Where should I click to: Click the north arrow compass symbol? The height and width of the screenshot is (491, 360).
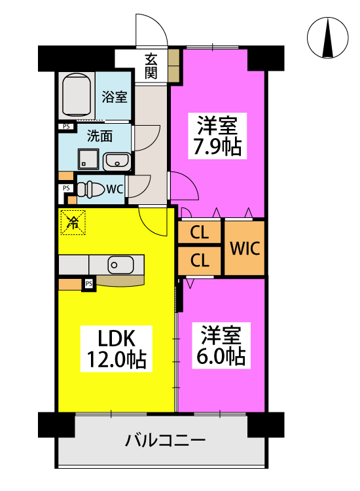(327, 37)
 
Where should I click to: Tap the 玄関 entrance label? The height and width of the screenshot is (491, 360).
(151, 66)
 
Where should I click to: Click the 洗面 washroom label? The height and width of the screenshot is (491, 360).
(99, 136)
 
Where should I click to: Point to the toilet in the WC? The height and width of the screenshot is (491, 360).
(90, 189)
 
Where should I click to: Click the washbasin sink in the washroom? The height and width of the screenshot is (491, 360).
(117, 162)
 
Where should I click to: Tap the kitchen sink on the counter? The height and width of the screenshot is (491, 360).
(121, 265)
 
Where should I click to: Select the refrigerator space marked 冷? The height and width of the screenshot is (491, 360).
(73, 223)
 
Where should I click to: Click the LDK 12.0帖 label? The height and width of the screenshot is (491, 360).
(116, 348)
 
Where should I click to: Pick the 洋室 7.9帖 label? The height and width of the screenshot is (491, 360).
(217, 136)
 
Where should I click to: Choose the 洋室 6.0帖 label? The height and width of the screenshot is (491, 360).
(221, 346)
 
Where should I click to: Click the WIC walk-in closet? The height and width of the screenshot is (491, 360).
(245, 248)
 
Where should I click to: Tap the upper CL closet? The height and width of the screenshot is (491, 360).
(200, 232)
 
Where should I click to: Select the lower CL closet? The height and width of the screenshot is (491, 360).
(200, 260)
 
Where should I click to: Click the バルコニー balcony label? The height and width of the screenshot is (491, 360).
(166, 441)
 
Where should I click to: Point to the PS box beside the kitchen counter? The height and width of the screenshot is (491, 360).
(89, 283)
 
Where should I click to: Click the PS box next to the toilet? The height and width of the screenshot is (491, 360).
(66, 188)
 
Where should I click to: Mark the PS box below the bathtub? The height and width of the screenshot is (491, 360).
(66, 126)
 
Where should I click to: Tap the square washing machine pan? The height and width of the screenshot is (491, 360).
(88, 159)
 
